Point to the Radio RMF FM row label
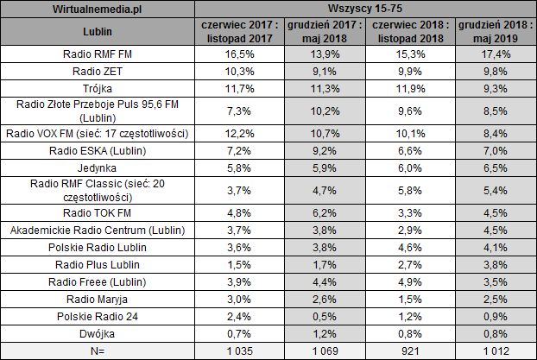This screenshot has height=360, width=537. point(109,54)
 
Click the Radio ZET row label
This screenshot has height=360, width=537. point(109,72)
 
